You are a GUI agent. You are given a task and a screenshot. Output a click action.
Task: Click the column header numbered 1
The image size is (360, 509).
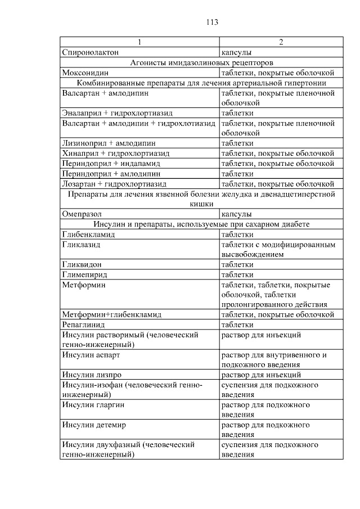(x=139, y=43)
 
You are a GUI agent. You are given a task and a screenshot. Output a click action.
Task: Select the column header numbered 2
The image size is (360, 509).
(x=281, y=43)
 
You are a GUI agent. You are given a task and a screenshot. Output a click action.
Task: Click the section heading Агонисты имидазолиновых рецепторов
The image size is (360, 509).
(x=201, y=62)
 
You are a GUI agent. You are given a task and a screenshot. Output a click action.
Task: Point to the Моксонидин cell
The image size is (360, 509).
(x=85, y=73)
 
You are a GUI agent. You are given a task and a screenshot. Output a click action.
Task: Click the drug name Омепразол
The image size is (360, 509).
(x=82, y=214)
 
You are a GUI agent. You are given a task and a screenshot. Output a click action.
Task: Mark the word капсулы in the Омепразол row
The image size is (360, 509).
(x=236, y=214)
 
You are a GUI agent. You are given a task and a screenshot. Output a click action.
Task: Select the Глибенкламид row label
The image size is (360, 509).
(x=88, y=235)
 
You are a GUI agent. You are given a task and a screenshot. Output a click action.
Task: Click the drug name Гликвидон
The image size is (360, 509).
(x=82, y=265)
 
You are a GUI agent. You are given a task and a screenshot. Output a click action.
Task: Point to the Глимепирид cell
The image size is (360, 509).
(x=84, y=275)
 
